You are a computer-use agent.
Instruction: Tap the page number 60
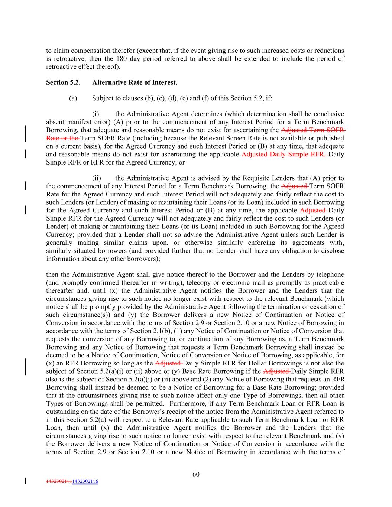(196, 474)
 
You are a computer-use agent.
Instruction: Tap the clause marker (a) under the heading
(73, 98)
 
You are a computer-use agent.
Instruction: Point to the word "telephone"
(329, 274)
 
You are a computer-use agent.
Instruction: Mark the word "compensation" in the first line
(89, 51)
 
